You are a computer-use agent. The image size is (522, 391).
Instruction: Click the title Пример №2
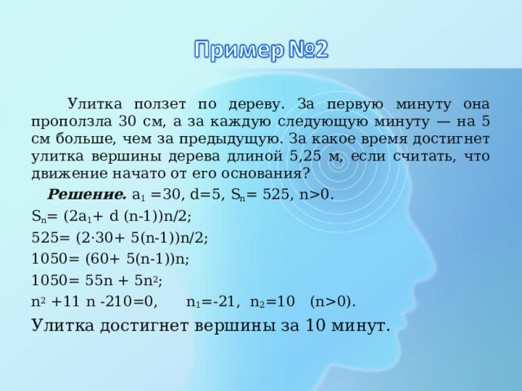pyautogui.click(x=261, y=50)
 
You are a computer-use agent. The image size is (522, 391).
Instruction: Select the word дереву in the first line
pyautogui.click(x=257, y=104)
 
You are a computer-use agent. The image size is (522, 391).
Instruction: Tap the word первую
pyautogui.click(x=355, y=104)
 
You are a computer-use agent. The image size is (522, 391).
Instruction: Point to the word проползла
pyautogui.click(x=71, y=121)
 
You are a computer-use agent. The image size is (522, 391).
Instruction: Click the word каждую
pyautogui.click(x=241, y=121)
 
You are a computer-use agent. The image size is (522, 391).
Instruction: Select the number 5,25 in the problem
pyautogui.click(x=305, y=156)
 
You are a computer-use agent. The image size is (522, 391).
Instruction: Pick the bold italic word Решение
pyautogui.click(x=87, y=195)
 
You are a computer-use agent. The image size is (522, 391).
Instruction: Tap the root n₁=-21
pyautogui.click(x=213, y=301)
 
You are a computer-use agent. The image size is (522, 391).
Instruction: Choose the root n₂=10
pyautogui.click(x=272, y=301)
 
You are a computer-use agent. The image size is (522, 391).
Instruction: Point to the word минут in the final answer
pyautogui.click(x=361, y=326)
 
